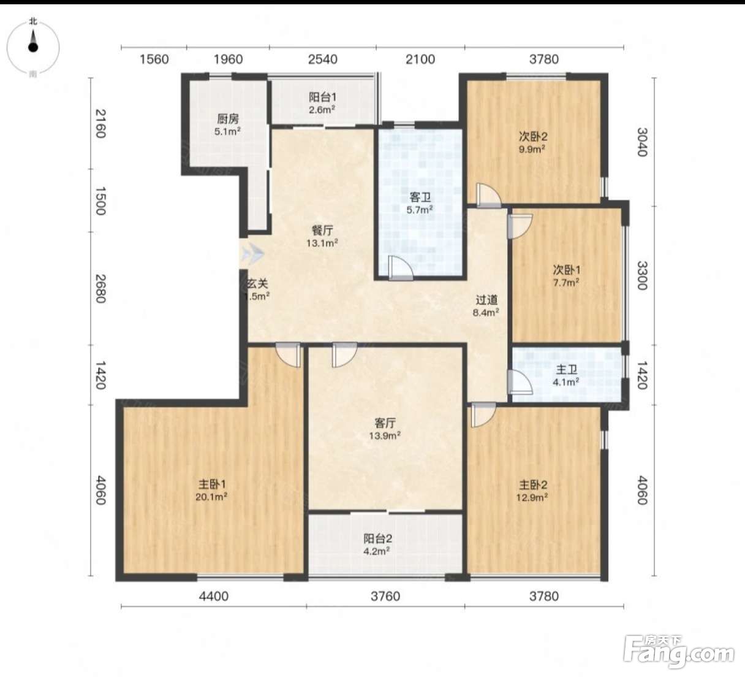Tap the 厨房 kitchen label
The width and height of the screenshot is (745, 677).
pos(228,119)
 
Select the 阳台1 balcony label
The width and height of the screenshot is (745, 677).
pos(322,98)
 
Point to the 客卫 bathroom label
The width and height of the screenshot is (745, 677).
pos(420,197)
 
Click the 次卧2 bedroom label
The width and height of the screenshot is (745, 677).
pos(533,137)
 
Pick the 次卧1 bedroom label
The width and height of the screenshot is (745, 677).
pos(567,270)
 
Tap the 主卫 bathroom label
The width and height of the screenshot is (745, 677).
pos(566,370)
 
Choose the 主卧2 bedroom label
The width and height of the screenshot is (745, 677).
pos(533,485)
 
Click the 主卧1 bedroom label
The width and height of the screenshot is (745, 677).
pos(212,484)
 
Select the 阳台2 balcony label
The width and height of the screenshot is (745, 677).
pos(377,538)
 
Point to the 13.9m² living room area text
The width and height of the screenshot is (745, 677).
pos(385,435)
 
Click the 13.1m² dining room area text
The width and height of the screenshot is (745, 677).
pos(322,243)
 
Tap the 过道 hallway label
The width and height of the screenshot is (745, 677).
pos(486,300)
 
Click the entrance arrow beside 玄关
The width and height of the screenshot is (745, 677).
pos(252,254)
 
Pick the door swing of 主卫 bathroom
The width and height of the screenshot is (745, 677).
pos(520,382)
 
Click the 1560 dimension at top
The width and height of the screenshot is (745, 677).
pos(154,59)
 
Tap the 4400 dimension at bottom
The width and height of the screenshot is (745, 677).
pos(214,596)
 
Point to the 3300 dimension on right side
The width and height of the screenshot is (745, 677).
pos(643,275)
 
